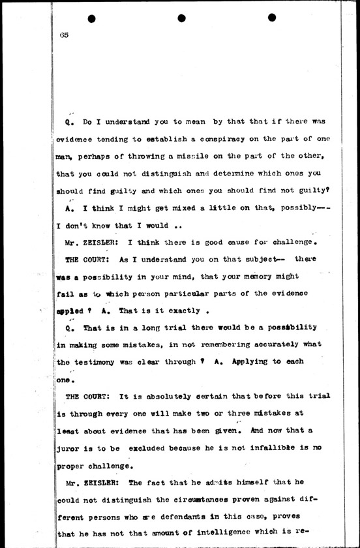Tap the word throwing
[x=144, y=157]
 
